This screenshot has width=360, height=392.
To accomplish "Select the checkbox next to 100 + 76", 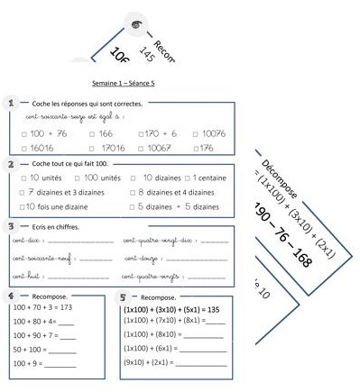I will [23, 133].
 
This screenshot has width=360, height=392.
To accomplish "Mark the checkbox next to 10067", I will [141, 147].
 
